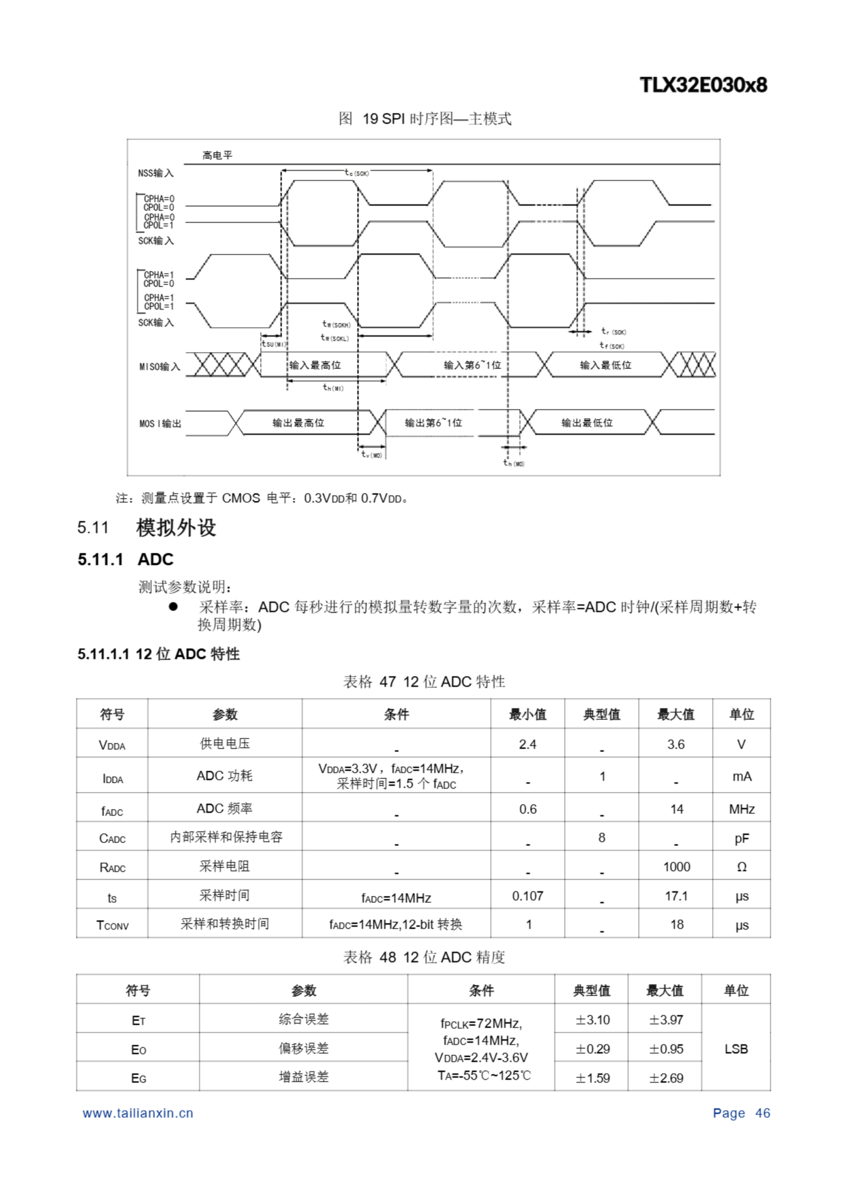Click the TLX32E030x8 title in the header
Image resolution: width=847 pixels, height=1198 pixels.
[703, 85]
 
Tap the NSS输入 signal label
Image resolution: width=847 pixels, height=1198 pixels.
[155, 173]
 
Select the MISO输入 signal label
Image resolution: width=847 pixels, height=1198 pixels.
[159, 366]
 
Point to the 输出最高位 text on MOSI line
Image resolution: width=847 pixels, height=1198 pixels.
[298, 423]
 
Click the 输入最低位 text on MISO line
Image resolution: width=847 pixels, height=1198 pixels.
[606, 365]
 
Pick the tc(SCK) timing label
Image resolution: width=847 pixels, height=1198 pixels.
[357, 172]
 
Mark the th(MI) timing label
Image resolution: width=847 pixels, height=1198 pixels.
[333, 387]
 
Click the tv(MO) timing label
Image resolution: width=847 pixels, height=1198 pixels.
[372, 455]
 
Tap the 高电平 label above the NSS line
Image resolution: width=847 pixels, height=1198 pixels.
[217, 155]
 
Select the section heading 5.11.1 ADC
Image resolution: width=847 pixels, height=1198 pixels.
[125, 559]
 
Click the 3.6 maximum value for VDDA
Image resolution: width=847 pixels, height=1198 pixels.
[675, 744]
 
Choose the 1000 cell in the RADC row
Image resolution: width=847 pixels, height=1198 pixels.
[676, 867]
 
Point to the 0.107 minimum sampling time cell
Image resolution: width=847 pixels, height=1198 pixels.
[527, 896]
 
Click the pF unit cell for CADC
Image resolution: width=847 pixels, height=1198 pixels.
[741, 838]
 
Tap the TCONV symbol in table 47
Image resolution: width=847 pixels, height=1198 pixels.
[112, 925]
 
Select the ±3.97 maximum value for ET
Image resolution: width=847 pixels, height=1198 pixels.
[665, 1020]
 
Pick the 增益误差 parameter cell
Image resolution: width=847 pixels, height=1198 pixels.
[303, 1076]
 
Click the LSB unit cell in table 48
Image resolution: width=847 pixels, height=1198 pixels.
[736, 1049]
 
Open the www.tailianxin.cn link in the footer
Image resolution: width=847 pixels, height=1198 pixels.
[138, 1113]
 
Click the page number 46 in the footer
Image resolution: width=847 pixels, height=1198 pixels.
[762, 1113]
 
